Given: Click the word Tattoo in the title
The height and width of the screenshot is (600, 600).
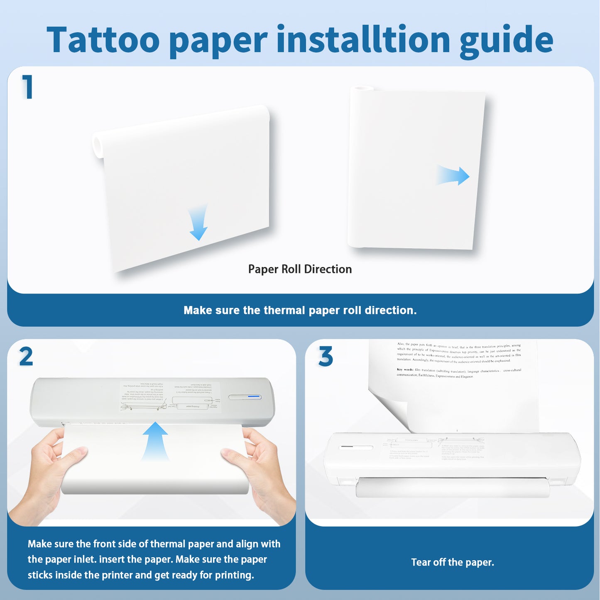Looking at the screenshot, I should point(103,40).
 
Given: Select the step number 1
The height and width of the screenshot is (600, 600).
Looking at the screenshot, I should point(27,87).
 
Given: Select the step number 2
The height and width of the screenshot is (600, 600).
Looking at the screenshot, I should point(26,357).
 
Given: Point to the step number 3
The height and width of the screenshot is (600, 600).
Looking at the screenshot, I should point(326,357).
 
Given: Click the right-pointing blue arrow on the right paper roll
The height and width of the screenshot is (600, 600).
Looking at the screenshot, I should point(453,176).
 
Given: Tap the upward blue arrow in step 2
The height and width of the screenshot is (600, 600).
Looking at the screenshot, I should point(155,440).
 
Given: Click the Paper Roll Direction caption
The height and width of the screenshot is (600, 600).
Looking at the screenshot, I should point(300,269).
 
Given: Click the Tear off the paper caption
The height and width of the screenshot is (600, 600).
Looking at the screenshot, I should point(452,562).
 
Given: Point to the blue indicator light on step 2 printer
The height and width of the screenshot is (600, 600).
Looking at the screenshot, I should point(254,397).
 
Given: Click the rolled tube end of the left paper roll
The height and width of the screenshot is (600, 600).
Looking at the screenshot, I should point(98,145).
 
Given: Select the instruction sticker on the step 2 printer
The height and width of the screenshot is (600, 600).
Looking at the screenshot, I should point(170,397).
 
